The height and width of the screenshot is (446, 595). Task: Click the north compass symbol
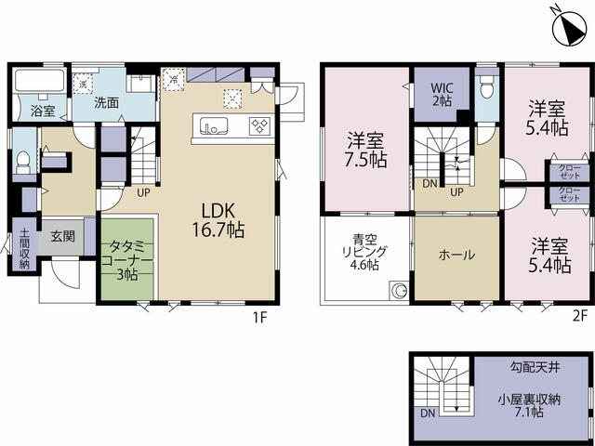pos(570,29)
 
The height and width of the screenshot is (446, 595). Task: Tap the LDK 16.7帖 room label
pos(218,220)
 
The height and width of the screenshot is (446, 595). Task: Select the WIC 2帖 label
pos(443,95)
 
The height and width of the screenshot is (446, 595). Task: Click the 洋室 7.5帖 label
pos(365,151)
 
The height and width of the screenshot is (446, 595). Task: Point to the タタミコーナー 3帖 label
pos(127,260)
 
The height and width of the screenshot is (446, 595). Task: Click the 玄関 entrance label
pos(63,236)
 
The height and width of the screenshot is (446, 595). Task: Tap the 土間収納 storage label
pos(24,248)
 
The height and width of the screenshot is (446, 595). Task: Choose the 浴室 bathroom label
pos(43,111)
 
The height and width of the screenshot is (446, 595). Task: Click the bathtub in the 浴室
pos(39,81)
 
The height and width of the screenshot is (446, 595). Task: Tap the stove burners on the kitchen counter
pos(260,126)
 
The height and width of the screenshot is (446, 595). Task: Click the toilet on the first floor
pos(24,162)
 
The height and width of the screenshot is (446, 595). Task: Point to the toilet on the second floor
pos(486,86)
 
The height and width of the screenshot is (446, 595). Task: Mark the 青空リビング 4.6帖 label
pos(364,252)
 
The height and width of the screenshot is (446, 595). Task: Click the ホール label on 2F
pos(456,255)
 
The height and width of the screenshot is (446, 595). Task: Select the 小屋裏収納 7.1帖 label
pos(529,406)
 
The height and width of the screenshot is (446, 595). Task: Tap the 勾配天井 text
pos(535,367)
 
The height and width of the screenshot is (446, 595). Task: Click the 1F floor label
pos(260,317)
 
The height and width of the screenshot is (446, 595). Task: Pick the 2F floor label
pos(579,316)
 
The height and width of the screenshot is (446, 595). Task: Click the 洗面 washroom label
pos(107,102)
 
